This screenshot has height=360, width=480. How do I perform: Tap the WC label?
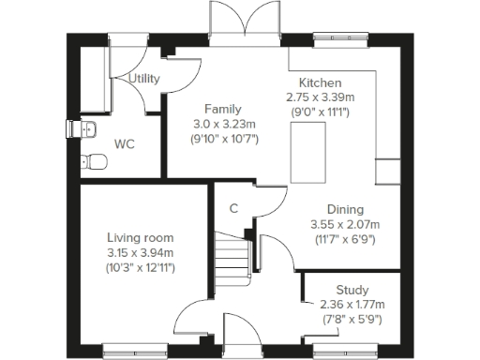pyautogui.click(x=125, y=144)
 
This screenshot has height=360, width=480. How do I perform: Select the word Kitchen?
pyautogui.click(x=321, y=83)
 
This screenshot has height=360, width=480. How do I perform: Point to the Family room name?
pyautogui.click(x=222, y=109)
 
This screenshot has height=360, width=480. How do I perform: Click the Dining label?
pyautogui.click(x=344, y=209)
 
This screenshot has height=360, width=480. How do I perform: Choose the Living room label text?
pyautogui.click(x=140, y=238)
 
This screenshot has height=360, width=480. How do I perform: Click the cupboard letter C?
pyautogui.click(x=233, y=208)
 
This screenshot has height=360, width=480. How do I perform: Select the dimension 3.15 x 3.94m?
pyautogui.click(x=140, y=253)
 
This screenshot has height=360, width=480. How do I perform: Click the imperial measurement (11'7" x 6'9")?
pyautogui.click(x=344, y=239)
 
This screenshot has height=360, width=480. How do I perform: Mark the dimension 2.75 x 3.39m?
pyautogui.click(x=321, y=97)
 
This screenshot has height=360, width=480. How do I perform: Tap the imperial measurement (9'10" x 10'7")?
pyautogui.click(x=222, y=139)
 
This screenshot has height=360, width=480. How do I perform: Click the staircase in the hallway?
pyautogui.click(x=233, y=254)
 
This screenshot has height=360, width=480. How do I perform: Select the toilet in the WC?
pyautogui.click(x=92, y=161)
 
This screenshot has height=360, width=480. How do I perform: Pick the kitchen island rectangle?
pyautogui.click(x=303, y=153)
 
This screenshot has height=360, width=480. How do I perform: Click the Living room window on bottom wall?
pyautogui.click(x=132, y=352)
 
